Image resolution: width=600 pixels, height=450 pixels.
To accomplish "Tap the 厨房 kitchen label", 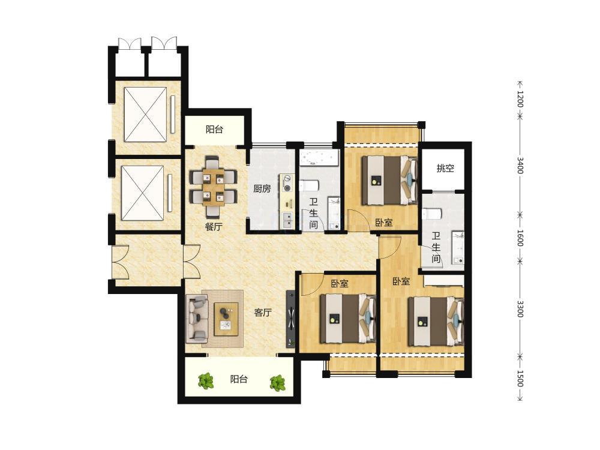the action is pyautogui.click(x=262, y=188).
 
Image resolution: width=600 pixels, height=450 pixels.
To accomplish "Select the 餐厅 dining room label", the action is pyautogui.click(x=214, y=227).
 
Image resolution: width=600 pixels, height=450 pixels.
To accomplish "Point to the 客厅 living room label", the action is pyautogui.click(x=263, y=312).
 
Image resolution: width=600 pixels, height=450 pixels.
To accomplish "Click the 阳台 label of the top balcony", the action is pyautogui.click(x=214, y=130).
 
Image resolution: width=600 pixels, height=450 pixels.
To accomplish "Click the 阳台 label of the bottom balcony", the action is pyautogui.click(x=239, y=379).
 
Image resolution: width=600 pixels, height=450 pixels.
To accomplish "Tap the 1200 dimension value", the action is pyautogui.click(x=520, y=99).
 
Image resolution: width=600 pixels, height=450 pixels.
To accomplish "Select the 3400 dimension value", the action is pyautogui.click(x=520, y=165).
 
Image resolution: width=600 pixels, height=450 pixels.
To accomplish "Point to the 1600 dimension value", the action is pyautogui.click(x=520, y=238).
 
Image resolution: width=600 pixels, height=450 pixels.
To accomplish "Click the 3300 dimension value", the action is pyautogui.click(x=520, y=308).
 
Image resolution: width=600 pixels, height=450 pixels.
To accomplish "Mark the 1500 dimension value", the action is pyautogui.click(x=520, y=378).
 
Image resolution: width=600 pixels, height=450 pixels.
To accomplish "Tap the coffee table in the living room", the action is pyautogui.click(x=226, y=319).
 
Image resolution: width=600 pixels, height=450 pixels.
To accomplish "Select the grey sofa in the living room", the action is pyautogui.click(x=197, y=319).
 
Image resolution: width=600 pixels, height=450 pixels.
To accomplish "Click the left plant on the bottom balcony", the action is pyautogui.click(x=206, y=381).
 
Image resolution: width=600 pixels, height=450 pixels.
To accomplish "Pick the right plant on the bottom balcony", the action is pyautogui.click(x=277, y=383).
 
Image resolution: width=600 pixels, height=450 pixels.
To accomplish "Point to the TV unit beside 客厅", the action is pyautogui.click(x=291, y=319).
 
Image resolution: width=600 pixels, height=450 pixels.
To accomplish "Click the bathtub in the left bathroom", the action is pyautogui.click(x=319, y=158).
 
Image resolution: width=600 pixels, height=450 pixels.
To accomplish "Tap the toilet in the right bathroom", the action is pyautogui.click(x=432, y=213).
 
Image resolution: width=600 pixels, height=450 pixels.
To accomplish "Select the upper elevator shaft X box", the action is pyautogui.click(x=145, y=115).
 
